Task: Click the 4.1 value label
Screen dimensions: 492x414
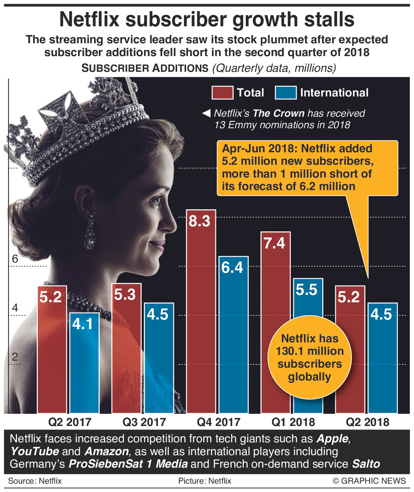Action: click(x=82, y=324)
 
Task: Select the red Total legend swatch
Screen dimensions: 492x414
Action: click(x=222, y=93)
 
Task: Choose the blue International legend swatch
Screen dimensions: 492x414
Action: click(x=286, y=93)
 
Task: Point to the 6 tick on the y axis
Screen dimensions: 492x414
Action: click(x=15, y=259)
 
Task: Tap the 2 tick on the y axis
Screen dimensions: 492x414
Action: click(x=15, y=357)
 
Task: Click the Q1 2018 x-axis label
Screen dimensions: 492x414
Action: click(x=293, y=422)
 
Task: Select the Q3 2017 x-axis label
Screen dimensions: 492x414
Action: click(x=144, y=422)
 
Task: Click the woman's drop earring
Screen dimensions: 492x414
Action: click(x=90, y=233)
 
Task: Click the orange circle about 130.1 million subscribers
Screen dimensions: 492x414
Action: click(x=310, y=357)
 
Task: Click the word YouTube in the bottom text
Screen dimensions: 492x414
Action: click(x=35, y=451)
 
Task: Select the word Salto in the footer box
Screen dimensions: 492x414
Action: click(x=366, y=464)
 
